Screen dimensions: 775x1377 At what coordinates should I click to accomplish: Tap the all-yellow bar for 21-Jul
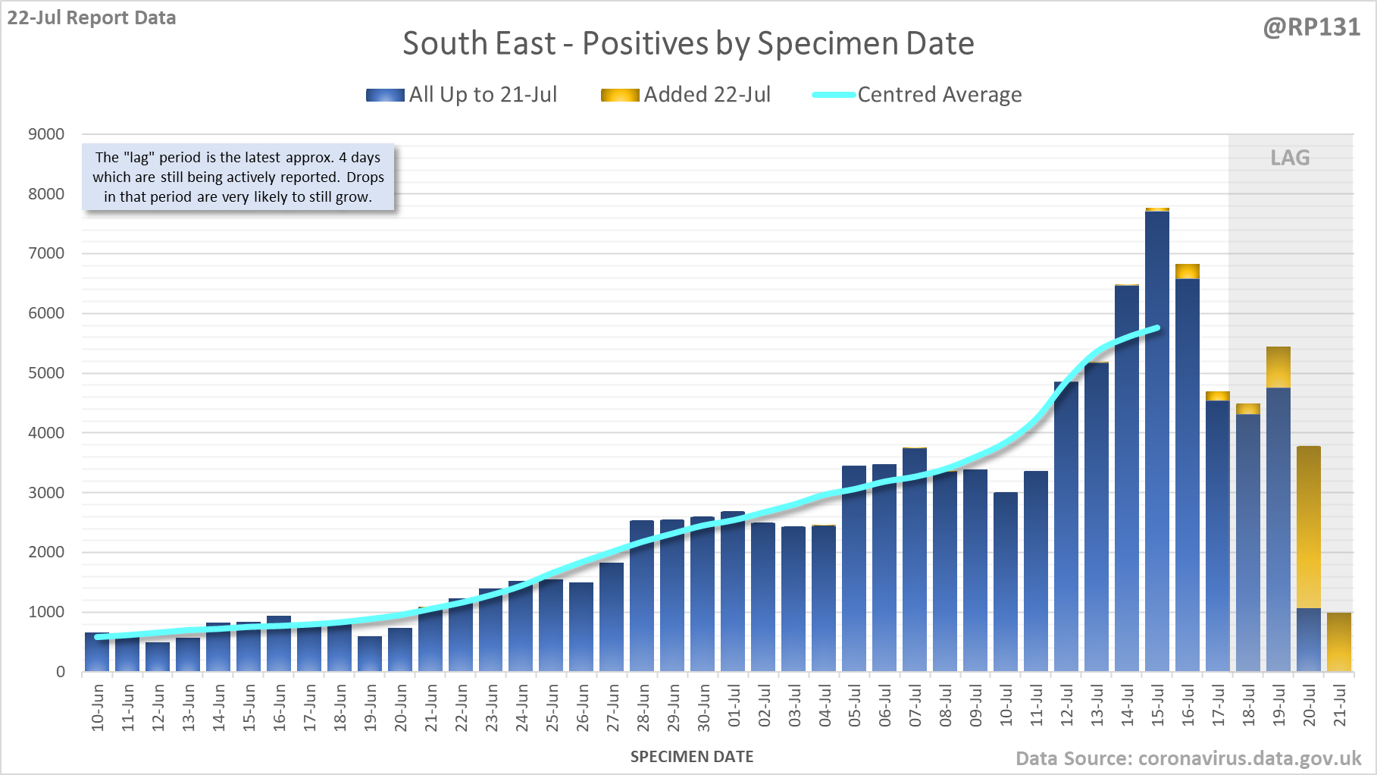pos(1339,642)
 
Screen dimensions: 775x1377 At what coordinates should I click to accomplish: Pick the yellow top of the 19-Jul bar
pos(1278,367)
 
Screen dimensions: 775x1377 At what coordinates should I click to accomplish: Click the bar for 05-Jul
pos(854,569)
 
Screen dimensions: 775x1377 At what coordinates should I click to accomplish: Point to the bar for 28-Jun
pos(642,596)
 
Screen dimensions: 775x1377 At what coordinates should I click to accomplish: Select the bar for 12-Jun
pos(158,657)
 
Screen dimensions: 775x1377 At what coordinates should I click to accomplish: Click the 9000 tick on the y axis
pos(46,134)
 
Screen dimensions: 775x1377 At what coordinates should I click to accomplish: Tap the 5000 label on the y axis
pos(46,373)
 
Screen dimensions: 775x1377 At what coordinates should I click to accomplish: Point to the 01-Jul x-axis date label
pos(734,706)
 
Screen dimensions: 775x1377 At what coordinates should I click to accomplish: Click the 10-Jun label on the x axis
pos(98,708)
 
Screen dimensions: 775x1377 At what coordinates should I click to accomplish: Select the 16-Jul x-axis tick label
pos(1188,706)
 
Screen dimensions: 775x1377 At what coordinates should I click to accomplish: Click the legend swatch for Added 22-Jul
pos(619,96)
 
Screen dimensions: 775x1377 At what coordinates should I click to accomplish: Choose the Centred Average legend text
pos(940,95)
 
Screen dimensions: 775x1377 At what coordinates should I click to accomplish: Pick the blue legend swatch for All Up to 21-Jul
pos(385,96)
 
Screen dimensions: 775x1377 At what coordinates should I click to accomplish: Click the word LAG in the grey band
pos(1290,158)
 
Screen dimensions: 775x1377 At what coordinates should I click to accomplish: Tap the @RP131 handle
pos(1312,27)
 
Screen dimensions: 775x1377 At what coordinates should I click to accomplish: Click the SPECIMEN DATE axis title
pos(692,757)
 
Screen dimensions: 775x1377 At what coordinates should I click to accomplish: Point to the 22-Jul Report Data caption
pos(92,17)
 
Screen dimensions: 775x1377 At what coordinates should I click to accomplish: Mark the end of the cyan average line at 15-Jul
pos(1157,328)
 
